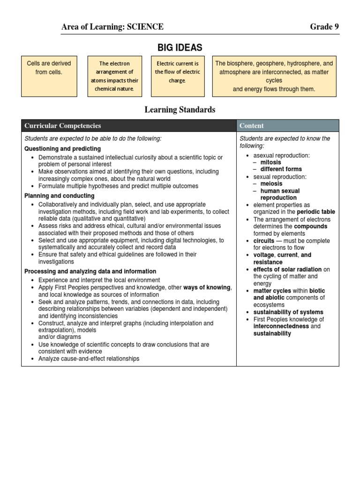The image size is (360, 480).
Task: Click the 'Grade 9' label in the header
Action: [x=324, y=27]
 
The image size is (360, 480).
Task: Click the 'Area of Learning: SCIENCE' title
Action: [x=112, y=27]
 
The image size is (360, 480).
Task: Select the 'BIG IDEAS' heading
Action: [x=180, y=47]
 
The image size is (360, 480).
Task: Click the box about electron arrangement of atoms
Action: [x=114, y=76]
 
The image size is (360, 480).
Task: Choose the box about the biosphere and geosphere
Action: [x=274, y=76]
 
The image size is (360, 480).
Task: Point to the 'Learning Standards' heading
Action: [x=180, y=110]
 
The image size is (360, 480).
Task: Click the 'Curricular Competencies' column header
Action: [x=63, y=126]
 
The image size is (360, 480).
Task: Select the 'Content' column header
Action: [x=252, y=126]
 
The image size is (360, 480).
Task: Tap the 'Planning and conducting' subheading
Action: [x=59, y=195]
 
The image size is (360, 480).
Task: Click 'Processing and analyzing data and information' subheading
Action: [x=90, y=271]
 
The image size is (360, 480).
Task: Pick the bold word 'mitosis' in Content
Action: [x=271, y=162]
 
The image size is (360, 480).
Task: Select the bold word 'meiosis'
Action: [x=271, y=184]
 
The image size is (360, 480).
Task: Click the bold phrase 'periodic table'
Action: [x=316, y=212]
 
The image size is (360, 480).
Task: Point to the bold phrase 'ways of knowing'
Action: [x=207, y=287]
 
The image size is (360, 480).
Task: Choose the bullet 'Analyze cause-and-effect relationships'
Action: [x=89, y=359]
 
